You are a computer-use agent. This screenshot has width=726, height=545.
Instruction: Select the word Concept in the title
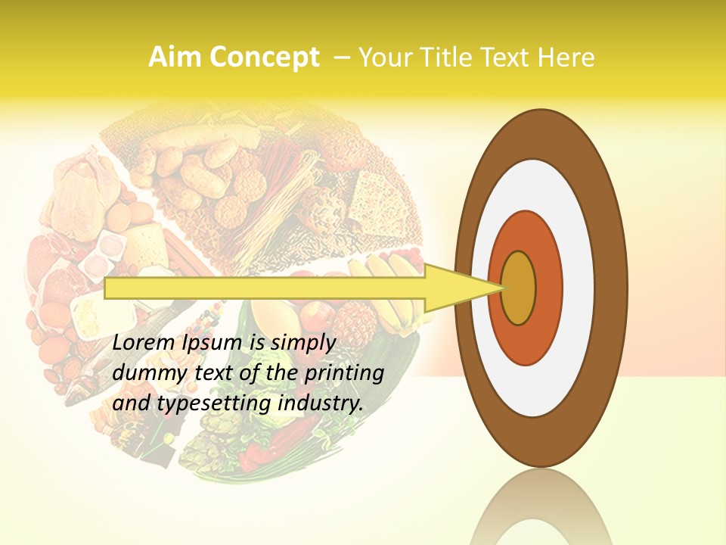(x=264, y=58)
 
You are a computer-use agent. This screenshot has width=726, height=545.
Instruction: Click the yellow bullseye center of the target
(x=519, y=288)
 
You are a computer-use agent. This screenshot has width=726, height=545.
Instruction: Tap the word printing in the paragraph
(x=343, y=373)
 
